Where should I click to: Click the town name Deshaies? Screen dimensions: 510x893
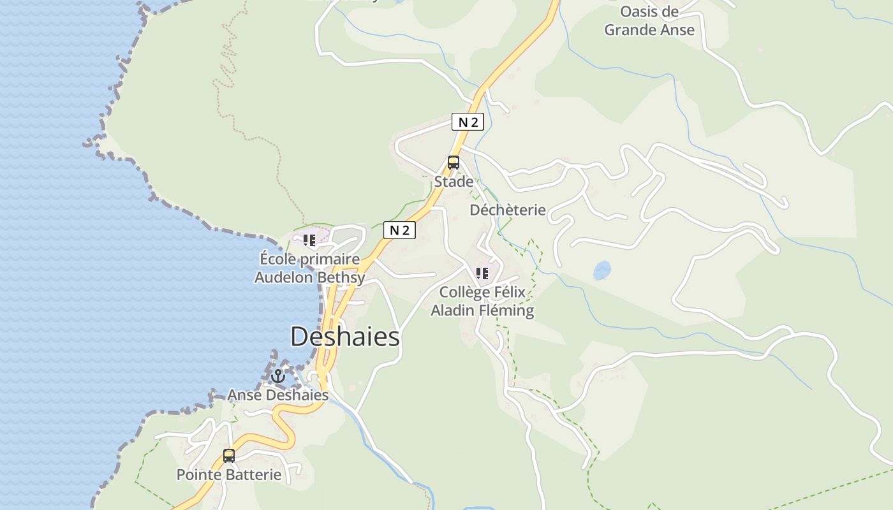coord(345,337)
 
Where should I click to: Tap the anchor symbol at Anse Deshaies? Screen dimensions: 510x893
coord(277,376)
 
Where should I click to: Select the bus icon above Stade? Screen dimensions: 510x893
coord(454,163)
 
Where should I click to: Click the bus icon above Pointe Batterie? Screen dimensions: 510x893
coord(229,456)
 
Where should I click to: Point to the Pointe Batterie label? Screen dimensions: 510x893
coord(228,475)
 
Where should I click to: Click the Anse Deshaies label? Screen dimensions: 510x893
coord(278,395)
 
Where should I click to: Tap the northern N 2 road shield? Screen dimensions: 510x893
coord(468,122)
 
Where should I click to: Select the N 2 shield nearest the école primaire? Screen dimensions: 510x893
coord(399,230)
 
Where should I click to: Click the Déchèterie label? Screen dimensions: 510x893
coord(508,210)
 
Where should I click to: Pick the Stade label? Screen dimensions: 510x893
coord(454,182)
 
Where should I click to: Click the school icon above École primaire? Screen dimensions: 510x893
coord(309,240)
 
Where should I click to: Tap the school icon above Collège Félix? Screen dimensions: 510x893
coord(482,273)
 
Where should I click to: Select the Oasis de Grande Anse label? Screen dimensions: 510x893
coord(649,21)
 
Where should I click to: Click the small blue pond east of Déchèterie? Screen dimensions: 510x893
coord(602,270)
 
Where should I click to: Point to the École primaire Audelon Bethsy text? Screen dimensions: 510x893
coord(310,268)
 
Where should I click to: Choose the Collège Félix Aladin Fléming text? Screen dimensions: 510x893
coord(482,302)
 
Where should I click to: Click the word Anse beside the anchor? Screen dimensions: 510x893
coord(244,395)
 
